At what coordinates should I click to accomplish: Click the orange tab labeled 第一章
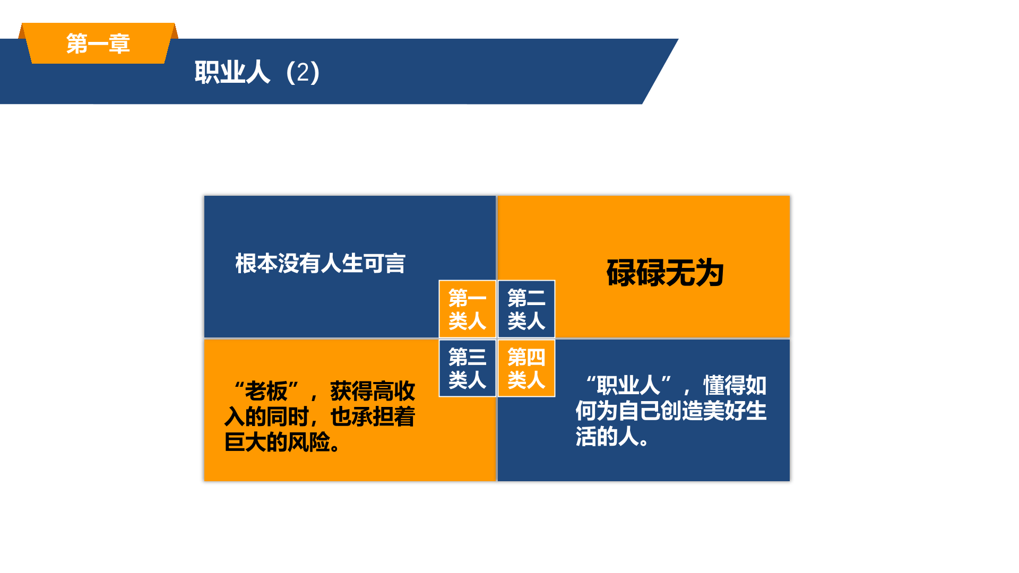point(98,43)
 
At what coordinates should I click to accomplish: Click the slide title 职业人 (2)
point(257,72)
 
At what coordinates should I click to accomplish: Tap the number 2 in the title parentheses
point(303,72)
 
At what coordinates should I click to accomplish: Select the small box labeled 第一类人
point(468,309)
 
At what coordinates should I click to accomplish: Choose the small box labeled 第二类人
point(526,309)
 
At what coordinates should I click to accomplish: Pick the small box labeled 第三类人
point(468,368)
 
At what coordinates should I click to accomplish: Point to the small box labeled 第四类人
point(526,368)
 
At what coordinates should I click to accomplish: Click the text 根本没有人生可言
point(321,264)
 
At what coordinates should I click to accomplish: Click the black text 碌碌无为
point(666,273)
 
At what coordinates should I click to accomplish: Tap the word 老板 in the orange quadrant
point(266,392)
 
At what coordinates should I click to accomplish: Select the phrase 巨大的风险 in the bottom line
point(277,442)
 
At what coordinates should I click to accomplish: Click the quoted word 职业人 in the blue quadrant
point(629,386)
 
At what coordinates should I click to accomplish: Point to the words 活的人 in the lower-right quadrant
point(607,437)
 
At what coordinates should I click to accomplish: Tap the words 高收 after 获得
point(394,392)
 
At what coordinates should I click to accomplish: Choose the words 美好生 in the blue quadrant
point(735,411)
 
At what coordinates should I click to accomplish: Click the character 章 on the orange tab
point(119,44)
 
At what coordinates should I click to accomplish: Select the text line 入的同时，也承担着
point(319,417)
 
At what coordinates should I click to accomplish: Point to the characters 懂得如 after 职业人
point(735,386)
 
